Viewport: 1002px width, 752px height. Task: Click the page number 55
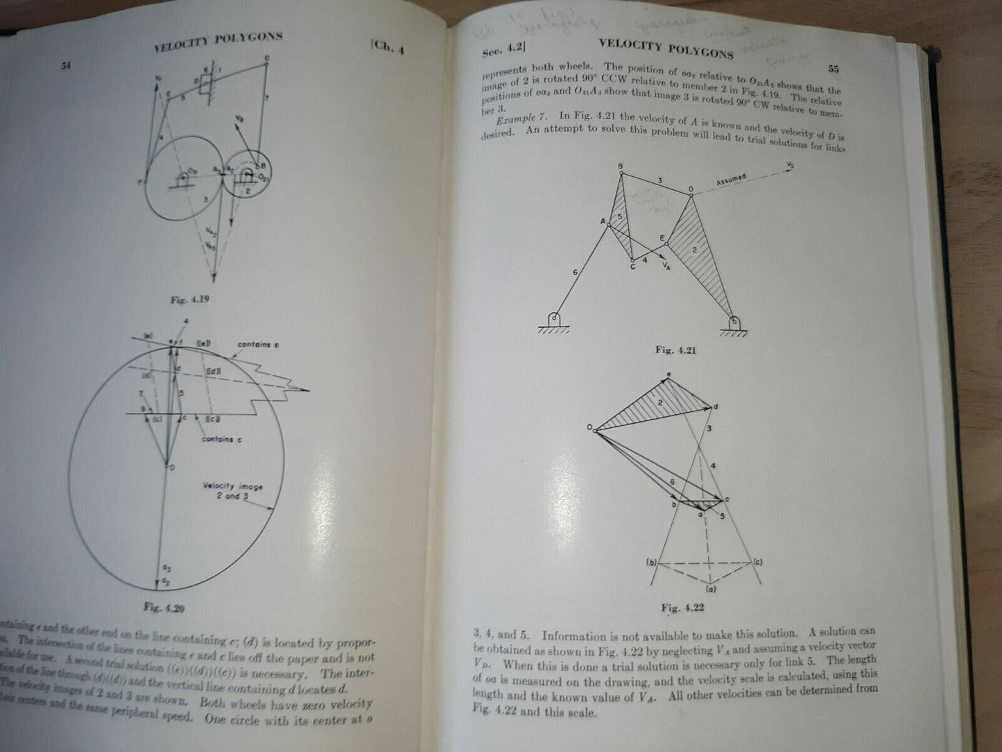pos(833,69)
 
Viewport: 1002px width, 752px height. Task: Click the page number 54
pos(67,66)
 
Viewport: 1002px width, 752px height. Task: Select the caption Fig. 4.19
pos(190,300)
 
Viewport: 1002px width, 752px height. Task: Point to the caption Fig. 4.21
pos(675,350)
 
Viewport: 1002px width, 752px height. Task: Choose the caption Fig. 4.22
pos(682,608)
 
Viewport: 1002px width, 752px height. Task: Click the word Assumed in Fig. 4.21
pos(730,180)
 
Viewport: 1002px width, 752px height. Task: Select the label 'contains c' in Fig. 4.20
pos(222,439)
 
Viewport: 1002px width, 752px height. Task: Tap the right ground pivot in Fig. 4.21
pos(734,322)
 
